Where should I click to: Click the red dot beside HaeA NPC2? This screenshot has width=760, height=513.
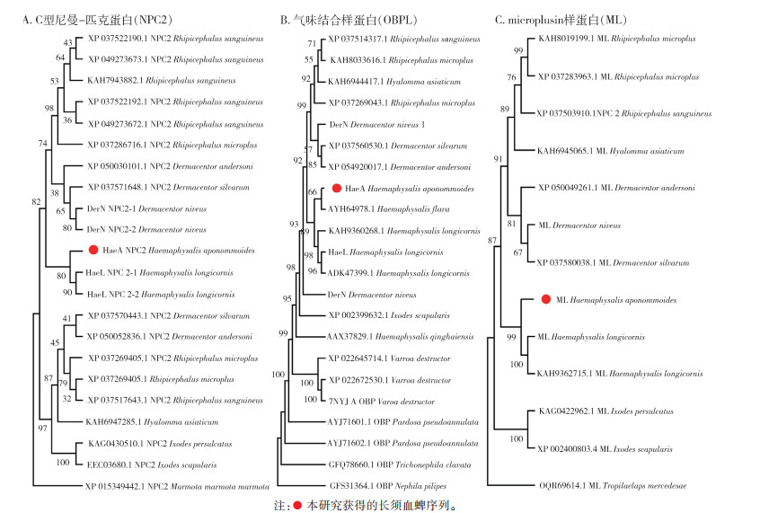point(93,251)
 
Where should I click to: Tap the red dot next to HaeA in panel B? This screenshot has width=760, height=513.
point(336,188)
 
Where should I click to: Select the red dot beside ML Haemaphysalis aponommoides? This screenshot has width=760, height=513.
point(546,299)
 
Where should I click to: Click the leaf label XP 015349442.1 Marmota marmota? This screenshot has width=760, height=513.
point(176,486)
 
